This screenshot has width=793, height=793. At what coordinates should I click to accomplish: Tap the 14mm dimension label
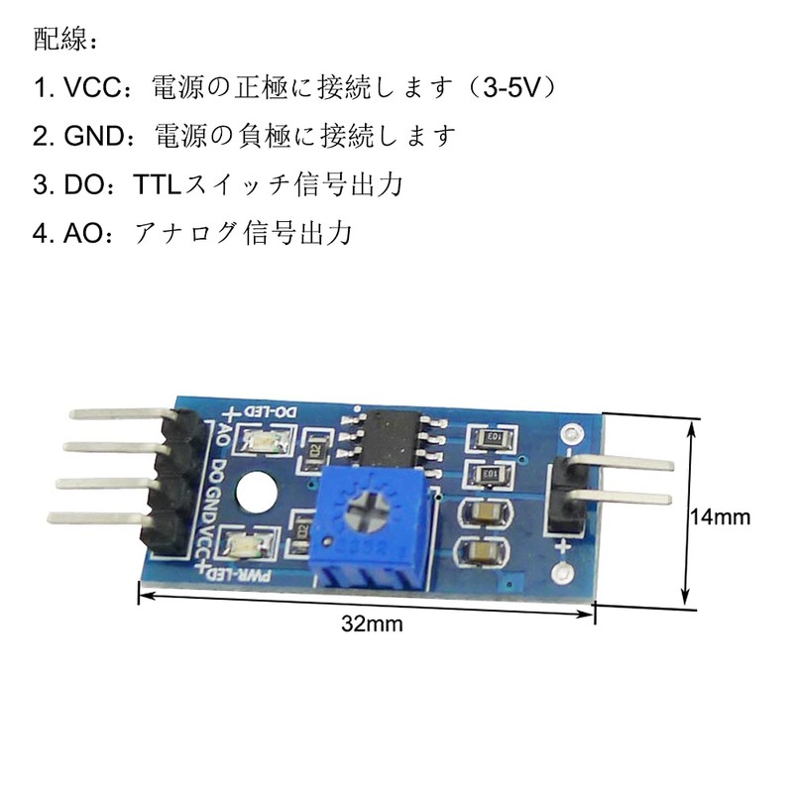(x=721, y=517)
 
